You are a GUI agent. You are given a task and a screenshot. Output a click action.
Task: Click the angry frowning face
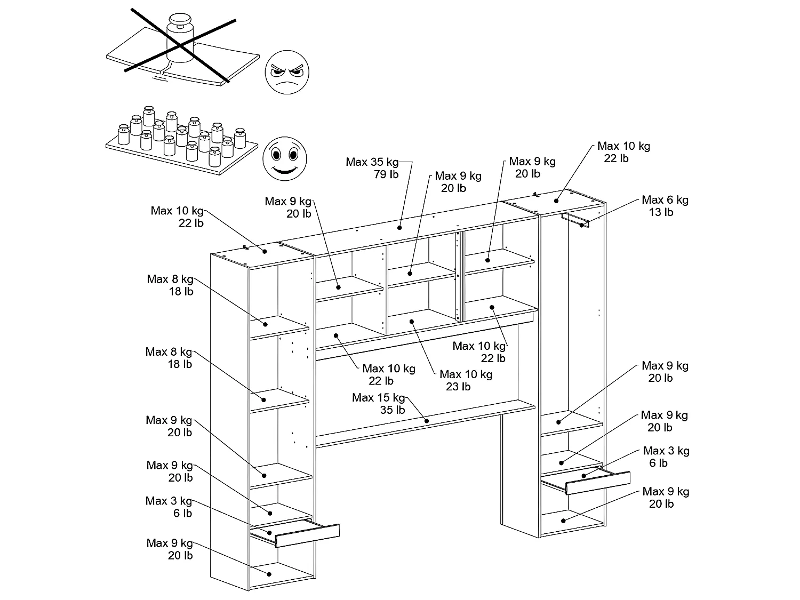pyautogui.click(x=287, y=73)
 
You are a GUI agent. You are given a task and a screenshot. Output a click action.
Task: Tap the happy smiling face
pyautogui.click(x=286, y=158)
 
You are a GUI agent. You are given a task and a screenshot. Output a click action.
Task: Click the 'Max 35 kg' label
pyautogui.click(x=372, y=162)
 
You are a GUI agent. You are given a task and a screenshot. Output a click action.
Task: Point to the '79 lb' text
pyautogui.click(x=387, y=174)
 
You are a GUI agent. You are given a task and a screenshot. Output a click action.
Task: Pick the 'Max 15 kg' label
pyautogui.click(x=379, y=398)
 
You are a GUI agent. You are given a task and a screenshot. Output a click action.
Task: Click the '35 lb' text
pyautogui.click(x=393, y=410)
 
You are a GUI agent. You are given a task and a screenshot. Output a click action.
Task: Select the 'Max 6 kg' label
pyautogui.click(x=665, y=200)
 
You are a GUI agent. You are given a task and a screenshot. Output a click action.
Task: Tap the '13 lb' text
pyautogui.click(x=661, y=212)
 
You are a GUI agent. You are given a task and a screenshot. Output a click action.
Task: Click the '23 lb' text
pyautogui.click(x=459, y=387)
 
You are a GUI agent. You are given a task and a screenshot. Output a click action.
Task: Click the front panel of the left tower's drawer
pyautogui.click(x=308, y=535)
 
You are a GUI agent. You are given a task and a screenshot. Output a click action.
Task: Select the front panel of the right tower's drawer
pyautogui.click(x=598, y=482)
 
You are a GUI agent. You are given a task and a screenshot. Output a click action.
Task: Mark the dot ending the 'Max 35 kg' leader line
pyautogui.click(x=399, y=228)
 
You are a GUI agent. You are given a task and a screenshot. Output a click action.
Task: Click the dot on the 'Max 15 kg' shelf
pyautogui.click(x=427, y=421)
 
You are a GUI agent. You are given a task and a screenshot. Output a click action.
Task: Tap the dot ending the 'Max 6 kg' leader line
pyautogui.click(x=581, y=226)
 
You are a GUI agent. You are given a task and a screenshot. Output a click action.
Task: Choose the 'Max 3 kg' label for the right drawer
pyautogui.click(x=666, y=451)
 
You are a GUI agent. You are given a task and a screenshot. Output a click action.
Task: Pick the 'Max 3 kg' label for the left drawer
pyautogui.click(x=169, y=501)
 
